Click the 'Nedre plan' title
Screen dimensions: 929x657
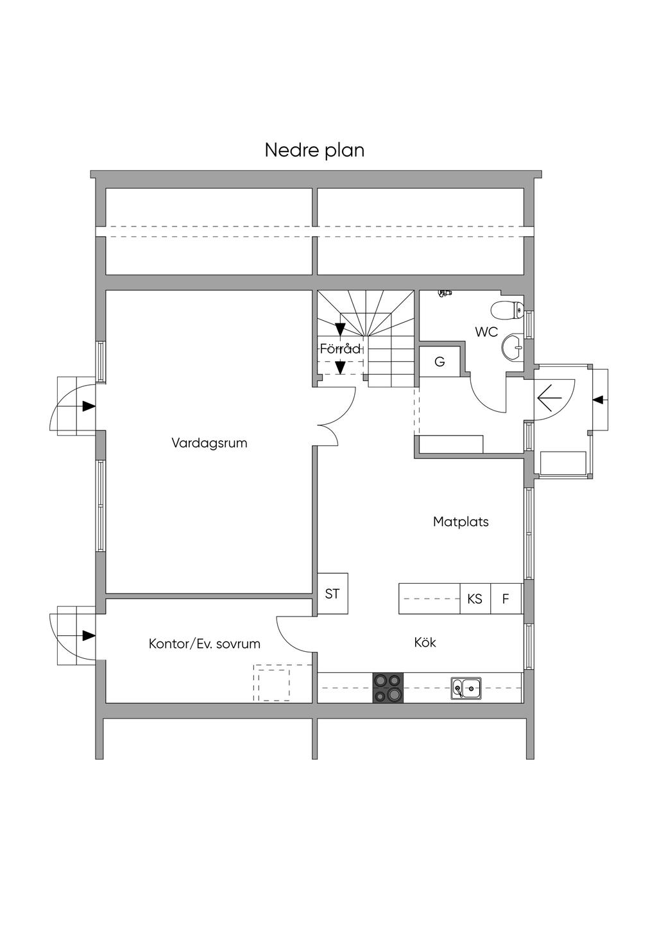pos(314,150)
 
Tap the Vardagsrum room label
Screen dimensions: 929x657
pos(209,443)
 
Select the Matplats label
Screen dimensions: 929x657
pos(461,522)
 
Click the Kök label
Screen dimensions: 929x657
pos(425,642)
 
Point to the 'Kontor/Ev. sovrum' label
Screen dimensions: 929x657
pos(204,643)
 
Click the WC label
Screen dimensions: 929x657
pos(486,332)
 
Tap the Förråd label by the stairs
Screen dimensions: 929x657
pos(340,349)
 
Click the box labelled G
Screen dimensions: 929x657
pos(439,362)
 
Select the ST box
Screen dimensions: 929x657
pos(332,594)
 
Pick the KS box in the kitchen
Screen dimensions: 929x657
pos(475,599)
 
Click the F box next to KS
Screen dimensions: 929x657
pos(506,599)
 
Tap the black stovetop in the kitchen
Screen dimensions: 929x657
pos(388,688)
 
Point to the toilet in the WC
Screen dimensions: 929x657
pos(507,311)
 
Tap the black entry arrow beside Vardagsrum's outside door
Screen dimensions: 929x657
pos(89,406)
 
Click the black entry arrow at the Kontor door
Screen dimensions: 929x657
pos(89,635)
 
